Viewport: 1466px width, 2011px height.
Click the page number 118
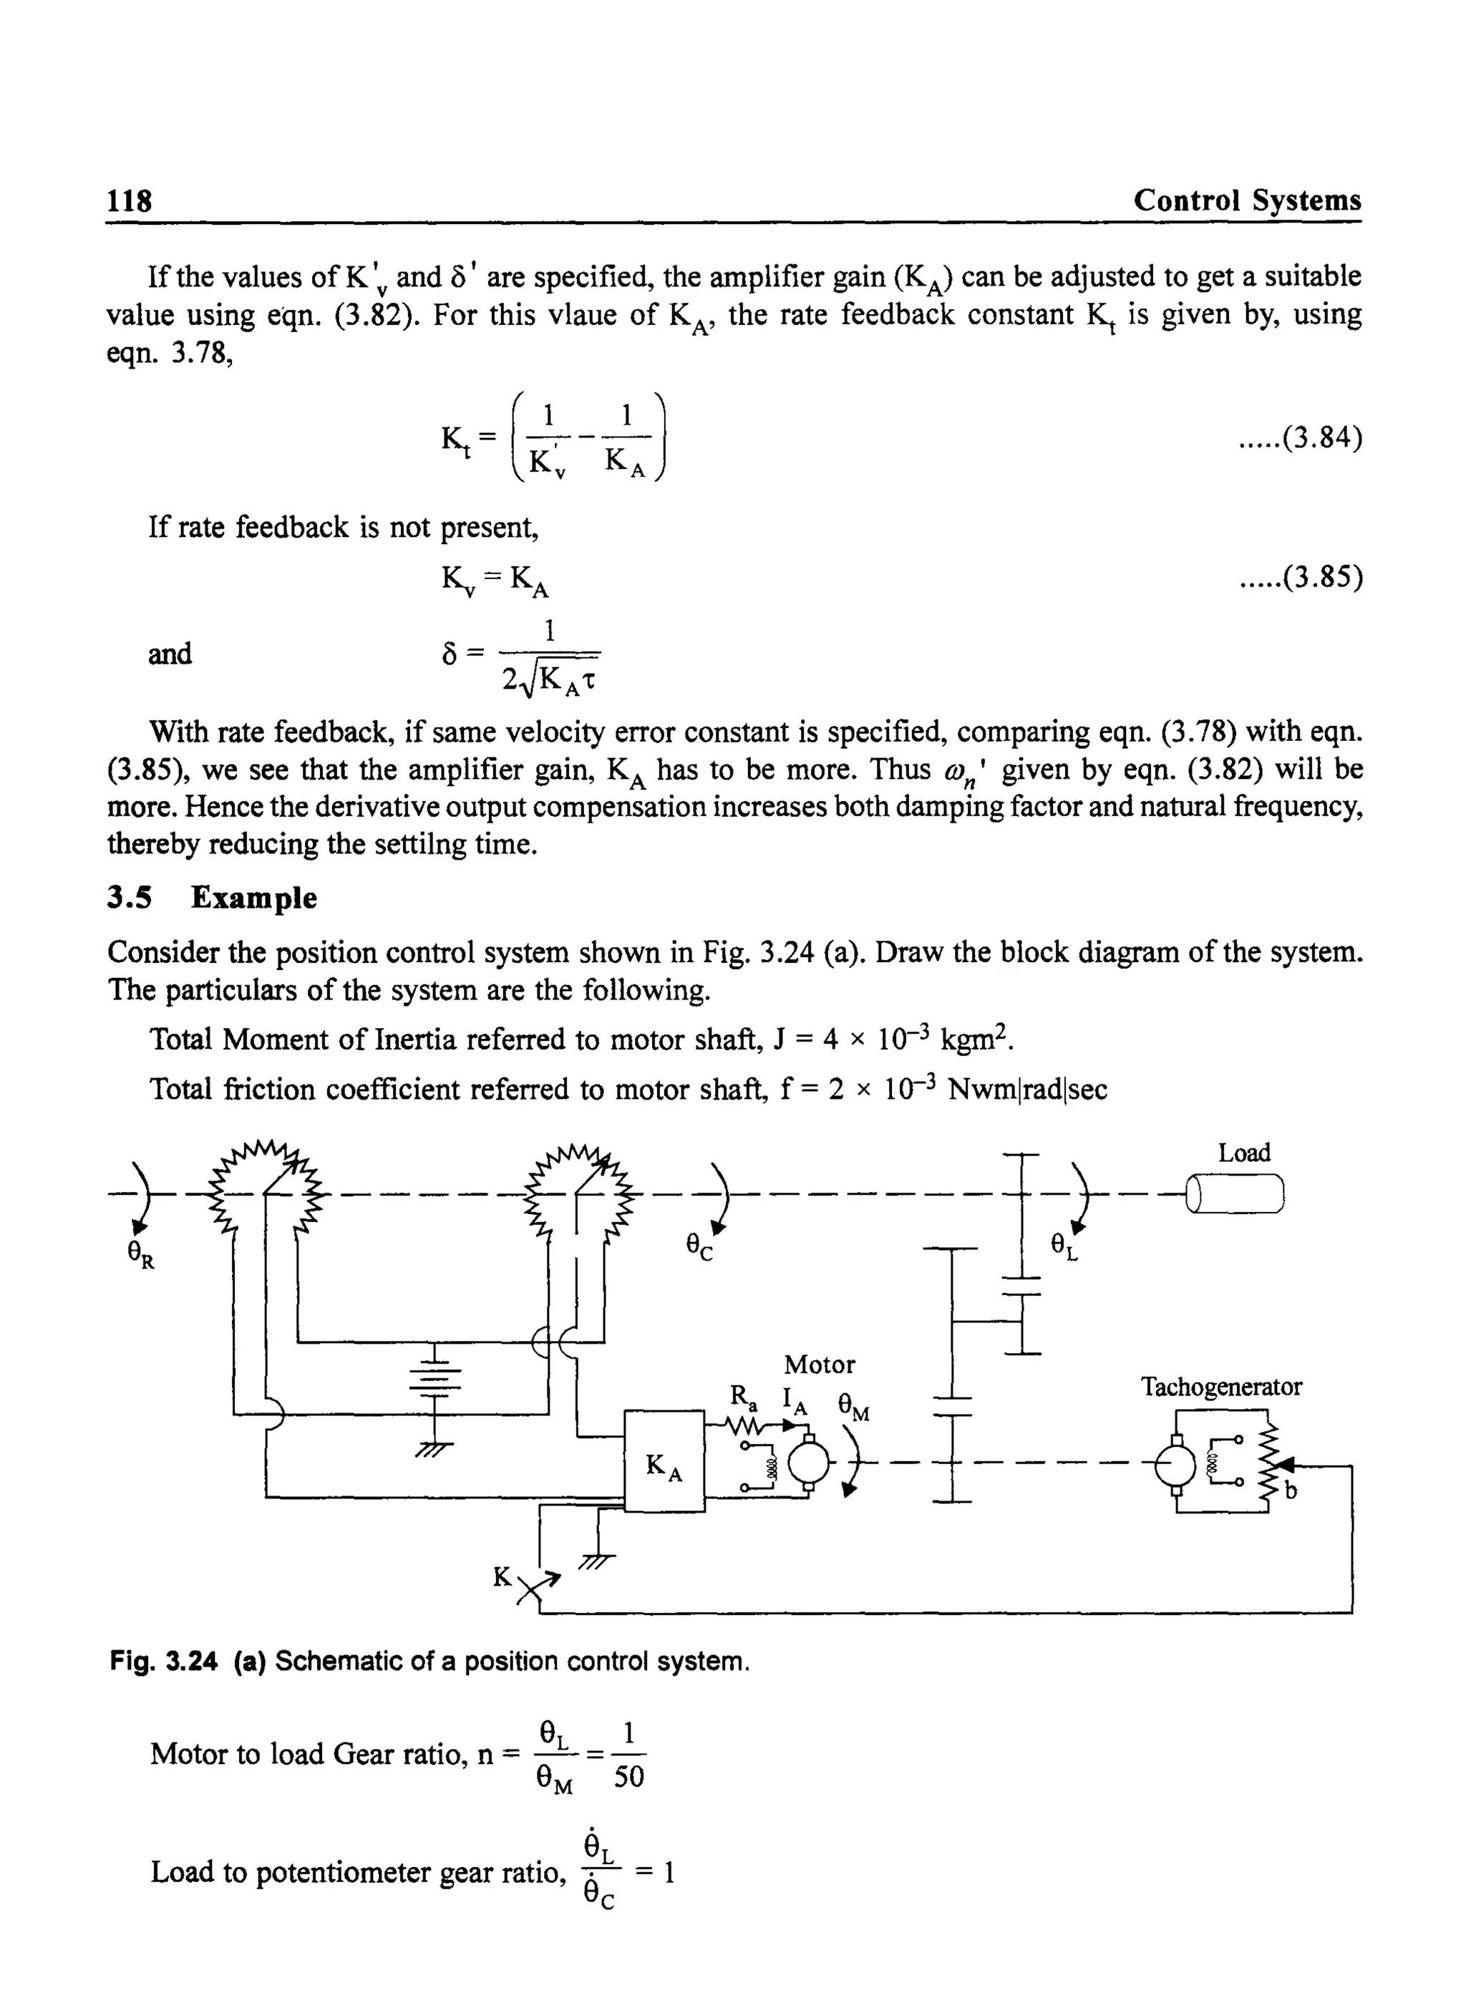point(130,200)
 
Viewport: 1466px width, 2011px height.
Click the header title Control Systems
point(1246,200)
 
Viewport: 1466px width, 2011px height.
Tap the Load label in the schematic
point(1243,1153)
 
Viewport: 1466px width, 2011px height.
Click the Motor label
point(819,1364)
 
